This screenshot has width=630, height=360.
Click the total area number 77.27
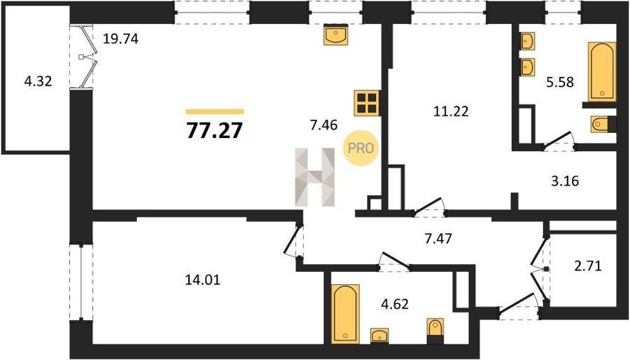[215, 130]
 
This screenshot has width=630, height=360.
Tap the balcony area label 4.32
[38, 81]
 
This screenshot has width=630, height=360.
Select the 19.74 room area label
[120, 39]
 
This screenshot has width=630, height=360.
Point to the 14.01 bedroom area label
[202, 279]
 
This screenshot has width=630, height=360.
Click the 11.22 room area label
[451, 111]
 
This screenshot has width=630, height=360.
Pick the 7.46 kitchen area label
[323, 125]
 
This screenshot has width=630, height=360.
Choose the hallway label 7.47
[438, 239]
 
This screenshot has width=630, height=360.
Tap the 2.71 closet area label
[588, 265]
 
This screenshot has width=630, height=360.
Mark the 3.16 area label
[565, 181]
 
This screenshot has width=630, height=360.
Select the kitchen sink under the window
[335, 34]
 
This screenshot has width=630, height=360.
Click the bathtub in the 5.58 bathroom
[602, 71]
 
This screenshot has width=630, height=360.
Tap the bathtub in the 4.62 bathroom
[345, 314]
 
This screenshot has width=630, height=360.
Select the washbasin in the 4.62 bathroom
[379, 335]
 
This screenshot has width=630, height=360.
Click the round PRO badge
[360, 148]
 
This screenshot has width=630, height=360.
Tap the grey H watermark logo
[315, 177]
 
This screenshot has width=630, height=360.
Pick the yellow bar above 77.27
[215, 111]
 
